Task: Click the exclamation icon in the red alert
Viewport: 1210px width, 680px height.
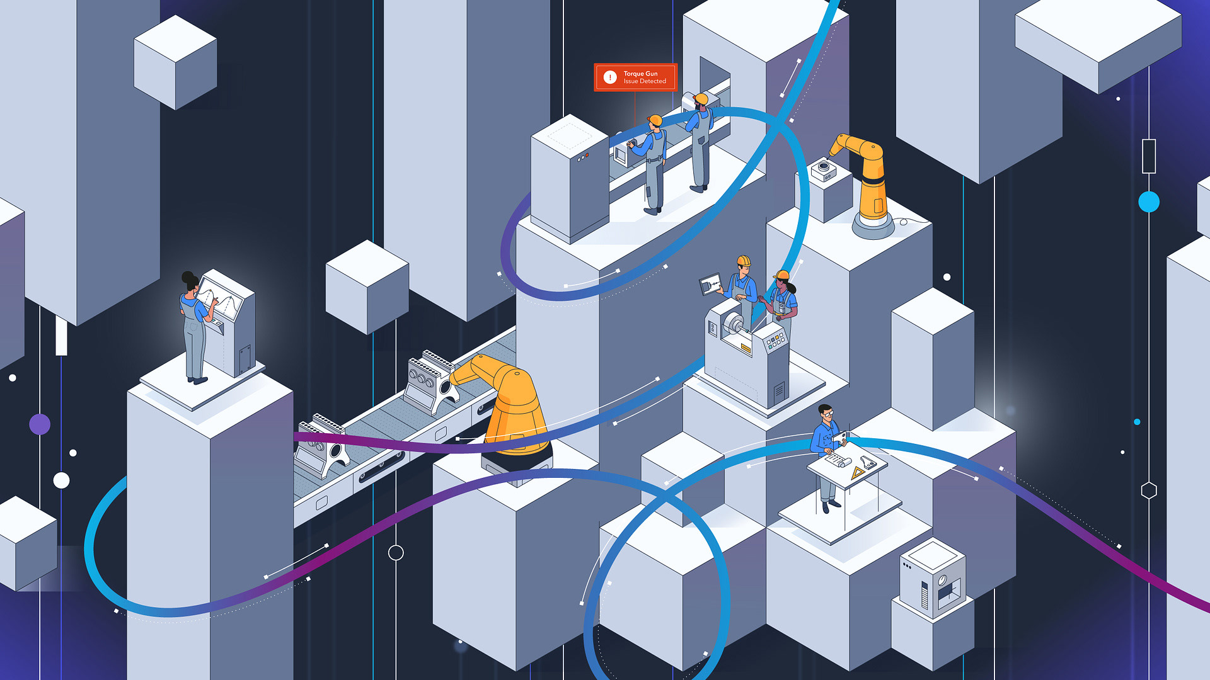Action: tap(609, 77)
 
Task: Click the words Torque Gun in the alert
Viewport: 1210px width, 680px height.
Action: tap(640, 74)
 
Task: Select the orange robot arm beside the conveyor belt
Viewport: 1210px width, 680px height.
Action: tap(510, 403)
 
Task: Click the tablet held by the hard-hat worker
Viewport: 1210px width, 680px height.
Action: tap(710, 285)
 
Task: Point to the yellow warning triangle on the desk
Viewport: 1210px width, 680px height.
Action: tap(857, 473)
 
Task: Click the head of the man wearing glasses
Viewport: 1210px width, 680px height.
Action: tap(826, 414)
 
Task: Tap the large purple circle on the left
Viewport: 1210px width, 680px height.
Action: tap(40, 424)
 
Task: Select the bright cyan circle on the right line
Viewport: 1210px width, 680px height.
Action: tap(1149, 202)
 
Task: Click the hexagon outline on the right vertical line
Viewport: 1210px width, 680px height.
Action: tap(1149, 490)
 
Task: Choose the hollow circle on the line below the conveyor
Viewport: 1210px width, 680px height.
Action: tap(396, 553)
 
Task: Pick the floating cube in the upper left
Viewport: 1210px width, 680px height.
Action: tap(175, 62)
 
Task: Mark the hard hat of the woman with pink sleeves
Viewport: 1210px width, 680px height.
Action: tap(782, 275)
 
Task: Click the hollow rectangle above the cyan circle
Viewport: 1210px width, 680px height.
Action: tap(1149, 156)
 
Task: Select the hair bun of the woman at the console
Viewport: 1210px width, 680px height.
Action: tap(187, 277)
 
